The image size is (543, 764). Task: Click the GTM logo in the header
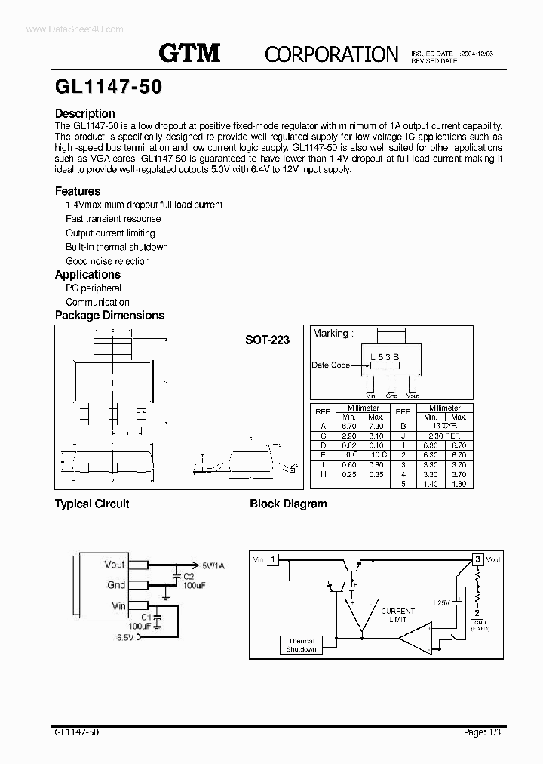coord(189,52)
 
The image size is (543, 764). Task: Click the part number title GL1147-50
coord(108,87)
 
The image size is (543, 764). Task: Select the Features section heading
coord(77,191)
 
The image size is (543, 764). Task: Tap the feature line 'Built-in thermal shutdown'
coord(116,247)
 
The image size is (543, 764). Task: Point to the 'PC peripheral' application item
coord(93,288)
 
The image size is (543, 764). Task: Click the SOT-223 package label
coord(267,340)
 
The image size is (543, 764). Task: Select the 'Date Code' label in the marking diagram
coord(330,365)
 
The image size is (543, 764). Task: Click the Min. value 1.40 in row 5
coord(431,484)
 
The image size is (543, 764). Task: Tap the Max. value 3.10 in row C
coord(376,436)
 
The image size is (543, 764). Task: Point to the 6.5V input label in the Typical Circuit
coord(125,638)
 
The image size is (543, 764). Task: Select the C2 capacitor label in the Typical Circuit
coord(189,576)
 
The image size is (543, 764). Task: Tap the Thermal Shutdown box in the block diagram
coord(300,645)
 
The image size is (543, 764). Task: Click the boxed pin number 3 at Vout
coord(477,559)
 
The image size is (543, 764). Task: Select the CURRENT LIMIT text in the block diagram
coord(397,615)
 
